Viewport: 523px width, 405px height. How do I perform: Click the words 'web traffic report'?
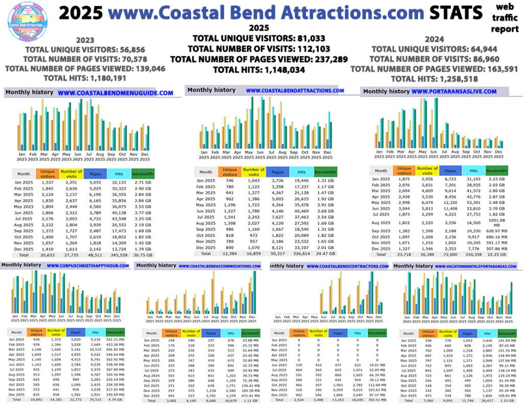505,18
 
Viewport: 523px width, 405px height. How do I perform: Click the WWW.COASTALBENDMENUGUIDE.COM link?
115,93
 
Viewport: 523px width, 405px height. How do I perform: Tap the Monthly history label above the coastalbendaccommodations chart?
156,265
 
